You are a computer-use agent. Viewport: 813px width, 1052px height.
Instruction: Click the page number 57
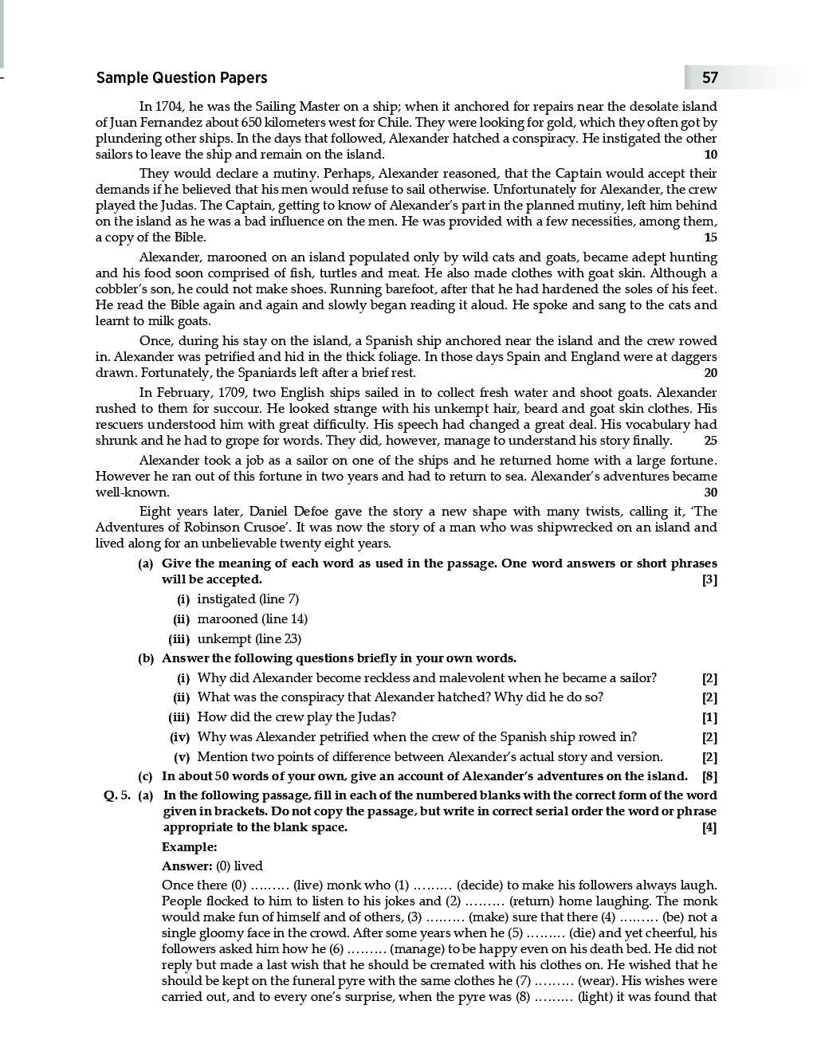pos(709,77)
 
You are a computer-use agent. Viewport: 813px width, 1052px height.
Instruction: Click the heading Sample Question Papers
pos(182,77)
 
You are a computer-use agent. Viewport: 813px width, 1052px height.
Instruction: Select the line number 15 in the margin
pos(710,237)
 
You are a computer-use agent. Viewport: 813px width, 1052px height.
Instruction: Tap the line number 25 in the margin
pos(710,441)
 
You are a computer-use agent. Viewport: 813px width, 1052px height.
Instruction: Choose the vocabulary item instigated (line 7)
pos(248,599)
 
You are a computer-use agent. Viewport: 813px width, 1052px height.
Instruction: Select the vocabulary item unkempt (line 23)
pos(249,639)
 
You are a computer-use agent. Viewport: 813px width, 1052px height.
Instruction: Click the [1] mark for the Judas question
pos(709,717)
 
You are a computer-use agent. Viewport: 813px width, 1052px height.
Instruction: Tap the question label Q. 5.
pos(116,795)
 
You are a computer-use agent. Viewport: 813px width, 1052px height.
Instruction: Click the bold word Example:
pos(189,847)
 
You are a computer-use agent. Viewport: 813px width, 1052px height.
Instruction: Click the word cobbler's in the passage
pos(121,289)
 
